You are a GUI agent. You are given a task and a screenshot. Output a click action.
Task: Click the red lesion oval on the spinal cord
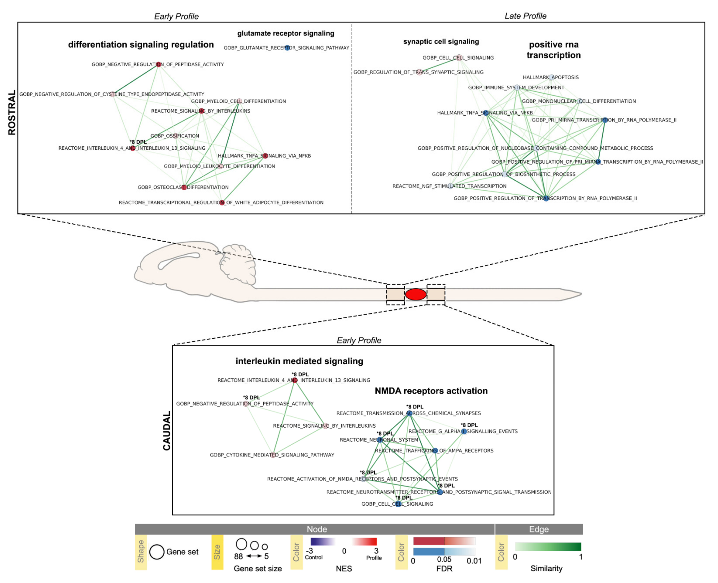[x=415, y=294]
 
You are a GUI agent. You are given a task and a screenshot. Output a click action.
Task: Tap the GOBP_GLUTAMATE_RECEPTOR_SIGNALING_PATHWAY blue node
[x=287, y=48]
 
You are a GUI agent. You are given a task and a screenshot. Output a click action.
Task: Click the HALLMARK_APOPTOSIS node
[x=551, y=77]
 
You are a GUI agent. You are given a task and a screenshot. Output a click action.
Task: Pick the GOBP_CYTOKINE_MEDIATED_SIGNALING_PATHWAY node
[x=273, y=455]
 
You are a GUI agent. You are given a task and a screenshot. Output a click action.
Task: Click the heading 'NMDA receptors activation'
[x=431, y=391]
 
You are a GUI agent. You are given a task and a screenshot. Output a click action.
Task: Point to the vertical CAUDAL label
[x=167, y=431]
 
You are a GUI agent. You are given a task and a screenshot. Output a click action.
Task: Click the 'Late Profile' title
[x=525, y=16]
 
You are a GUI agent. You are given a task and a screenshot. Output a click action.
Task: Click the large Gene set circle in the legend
[x=157, y=552]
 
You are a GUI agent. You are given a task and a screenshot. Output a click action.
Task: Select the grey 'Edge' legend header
[x=539, y=529]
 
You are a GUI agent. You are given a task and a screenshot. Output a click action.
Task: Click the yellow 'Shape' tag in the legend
[x=141, y=552]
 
